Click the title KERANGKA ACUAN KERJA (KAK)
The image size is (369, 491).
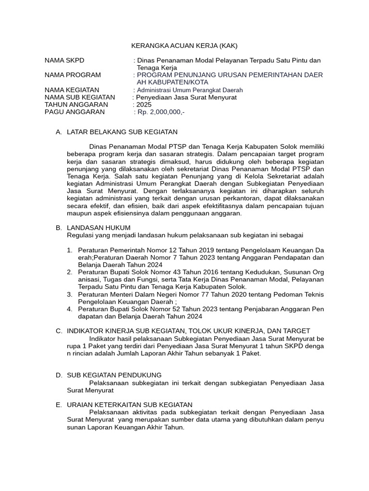(184, 46)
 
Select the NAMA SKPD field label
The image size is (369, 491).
(64, 60)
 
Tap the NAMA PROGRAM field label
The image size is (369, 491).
(73, 75)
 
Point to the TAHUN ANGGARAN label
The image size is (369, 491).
(76, 105)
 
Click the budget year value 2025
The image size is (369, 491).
(144, 105)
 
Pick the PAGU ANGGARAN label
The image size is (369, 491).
(74, 112)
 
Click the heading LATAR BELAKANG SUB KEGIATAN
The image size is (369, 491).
(122, 132)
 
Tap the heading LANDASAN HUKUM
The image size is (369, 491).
(98, 228)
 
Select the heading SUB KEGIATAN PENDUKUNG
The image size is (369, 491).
(114, 375)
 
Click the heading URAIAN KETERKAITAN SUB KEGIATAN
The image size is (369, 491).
(129, 405)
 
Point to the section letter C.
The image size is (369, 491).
(59, 331)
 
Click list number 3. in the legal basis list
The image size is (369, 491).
(70, 294)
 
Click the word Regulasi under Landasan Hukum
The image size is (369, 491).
(81, 235)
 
